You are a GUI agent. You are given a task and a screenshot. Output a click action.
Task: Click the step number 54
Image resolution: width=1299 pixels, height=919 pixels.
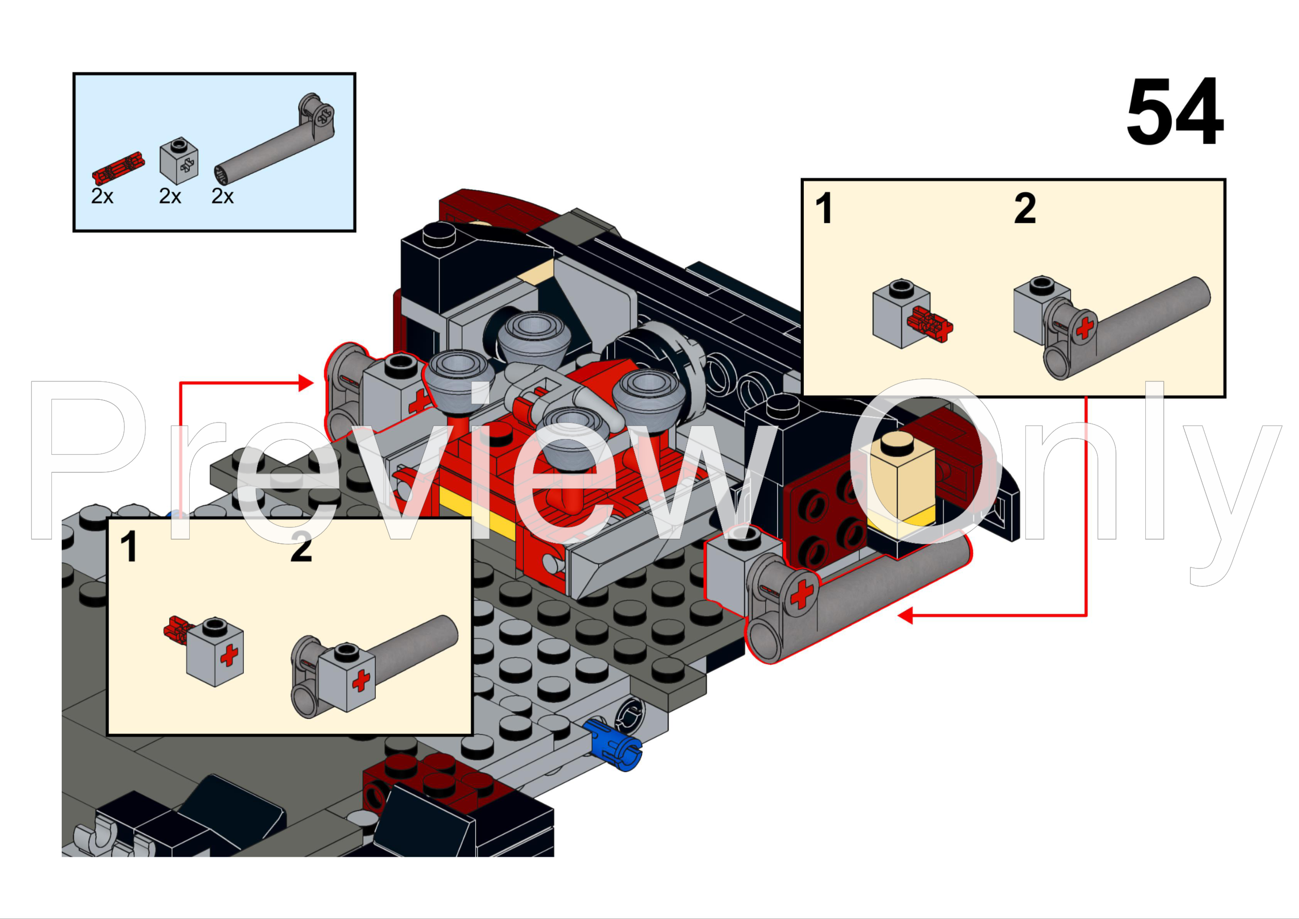pos(1174,112)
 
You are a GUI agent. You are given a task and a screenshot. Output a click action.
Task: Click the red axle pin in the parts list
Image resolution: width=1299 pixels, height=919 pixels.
pos(118,168)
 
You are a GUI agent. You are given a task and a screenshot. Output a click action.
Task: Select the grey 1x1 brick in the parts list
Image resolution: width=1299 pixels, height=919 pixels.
pos(179,161)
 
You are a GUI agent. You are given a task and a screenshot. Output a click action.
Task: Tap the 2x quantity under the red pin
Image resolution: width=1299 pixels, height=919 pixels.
pos(102,197)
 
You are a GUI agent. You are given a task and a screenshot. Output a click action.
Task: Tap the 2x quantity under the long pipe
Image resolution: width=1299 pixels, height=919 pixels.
pos(223,197)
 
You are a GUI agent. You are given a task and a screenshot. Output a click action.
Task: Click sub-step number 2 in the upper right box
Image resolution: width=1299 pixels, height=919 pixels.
pos(1024,208)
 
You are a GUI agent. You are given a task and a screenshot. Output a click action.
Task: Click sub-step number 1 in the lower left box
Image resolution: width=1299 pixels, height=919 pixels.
pos(129,547)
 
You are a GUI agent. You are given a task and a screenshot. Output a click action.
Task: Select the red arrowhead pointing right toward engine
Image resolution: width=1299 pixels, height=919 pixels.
pos(306,382)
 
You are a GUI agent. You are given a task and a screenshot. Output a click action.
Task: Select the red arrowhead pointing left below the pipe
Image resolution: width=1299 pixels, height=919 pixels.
pos(906,615)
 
